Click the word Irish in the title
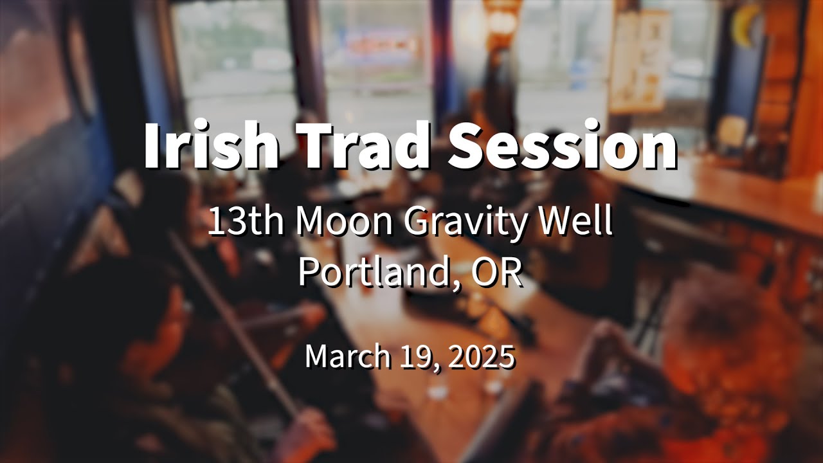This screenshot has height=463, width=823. [x=211, y=143]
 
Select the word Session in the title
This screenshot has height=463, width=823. [x=563, y=143]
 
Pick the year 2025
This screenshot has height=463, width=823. [x=482, y=356]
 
